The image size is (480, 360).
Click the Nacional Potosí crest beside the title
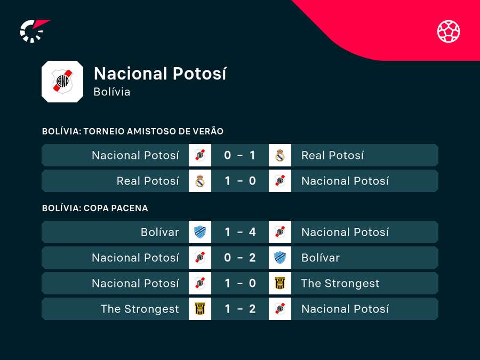pyautogui.click(x=62, y=82)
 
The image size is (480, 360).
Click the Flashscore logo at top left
pyautogui.click(x=34, y=30)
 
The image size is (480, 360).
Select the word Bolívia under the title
pyautogui.click(x=111, y=92)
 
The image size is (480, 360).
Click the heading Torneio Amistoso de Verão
pyautogui.click(x=132, y=131)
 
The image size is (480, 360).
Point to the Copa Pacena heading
pyautogui.click(x=95, y=208)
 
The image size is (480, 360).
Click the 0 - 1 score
pyautogui.click(x=240, y=155)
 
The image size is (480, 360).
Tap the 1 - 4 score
pyautogui.click(x=240, y=232)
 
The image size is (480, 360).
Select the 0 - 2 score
pyautogui.click(x=240, y=258)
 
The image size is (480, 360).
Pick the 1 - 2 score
pyautogui.click(x=240, y=309)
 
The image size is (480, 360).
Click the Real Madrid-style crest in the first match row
pyautogui.click(x=280, y=155)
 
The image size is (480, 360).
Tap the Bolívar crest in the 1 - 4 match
pyautogui.click(x=200, y=232)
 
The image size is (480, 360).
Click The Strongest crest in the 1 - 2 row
pyautogui.click(x=200, y=309)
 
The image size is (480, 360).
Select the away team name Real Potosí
pyautogui.click(x=332, y=155)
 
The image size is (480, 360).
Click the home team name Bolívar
pyautogui.click(x=160, y=232)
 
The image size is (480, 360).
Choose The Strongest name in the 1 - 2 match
pyautogui.click(x=140, y=309)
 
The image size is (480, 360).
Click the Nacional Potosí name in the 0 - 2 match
pyautogui.click(x=135, y=258)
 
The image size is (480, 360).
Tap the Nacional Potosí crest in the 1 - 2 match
pyautogui.click(x=280, y=309)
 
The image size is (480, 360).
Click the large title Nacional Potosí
pyautogui.click(x=160, y=74)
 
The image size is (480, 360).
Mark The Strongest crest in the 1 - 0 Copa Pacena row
pyautogui.click(x=280, y=283)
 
